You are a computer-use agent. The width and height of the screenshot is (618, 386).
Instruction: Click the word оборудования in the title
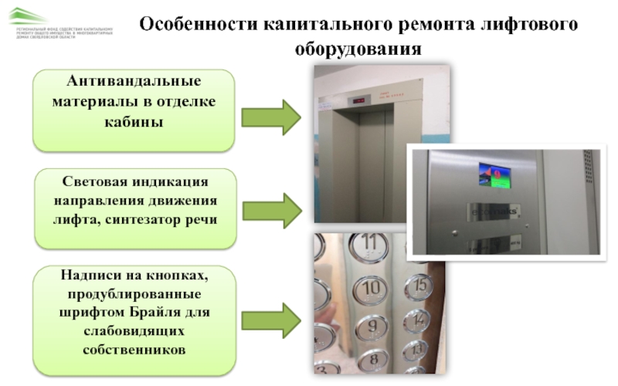358,49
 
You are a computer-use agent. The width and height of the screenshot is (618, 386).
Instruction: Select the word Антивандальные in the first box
133,82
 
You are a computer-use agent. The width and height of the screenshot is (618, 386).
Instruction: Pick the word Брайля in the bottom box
163,313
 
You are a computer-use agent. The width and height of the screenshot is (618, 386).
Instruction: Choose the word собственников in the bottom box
134,350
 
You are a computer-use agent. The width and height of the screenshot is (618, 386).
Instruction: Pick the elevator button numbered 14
418,318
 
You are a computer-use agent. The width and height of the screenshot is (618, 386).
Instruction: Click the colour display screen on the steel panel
493,174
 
